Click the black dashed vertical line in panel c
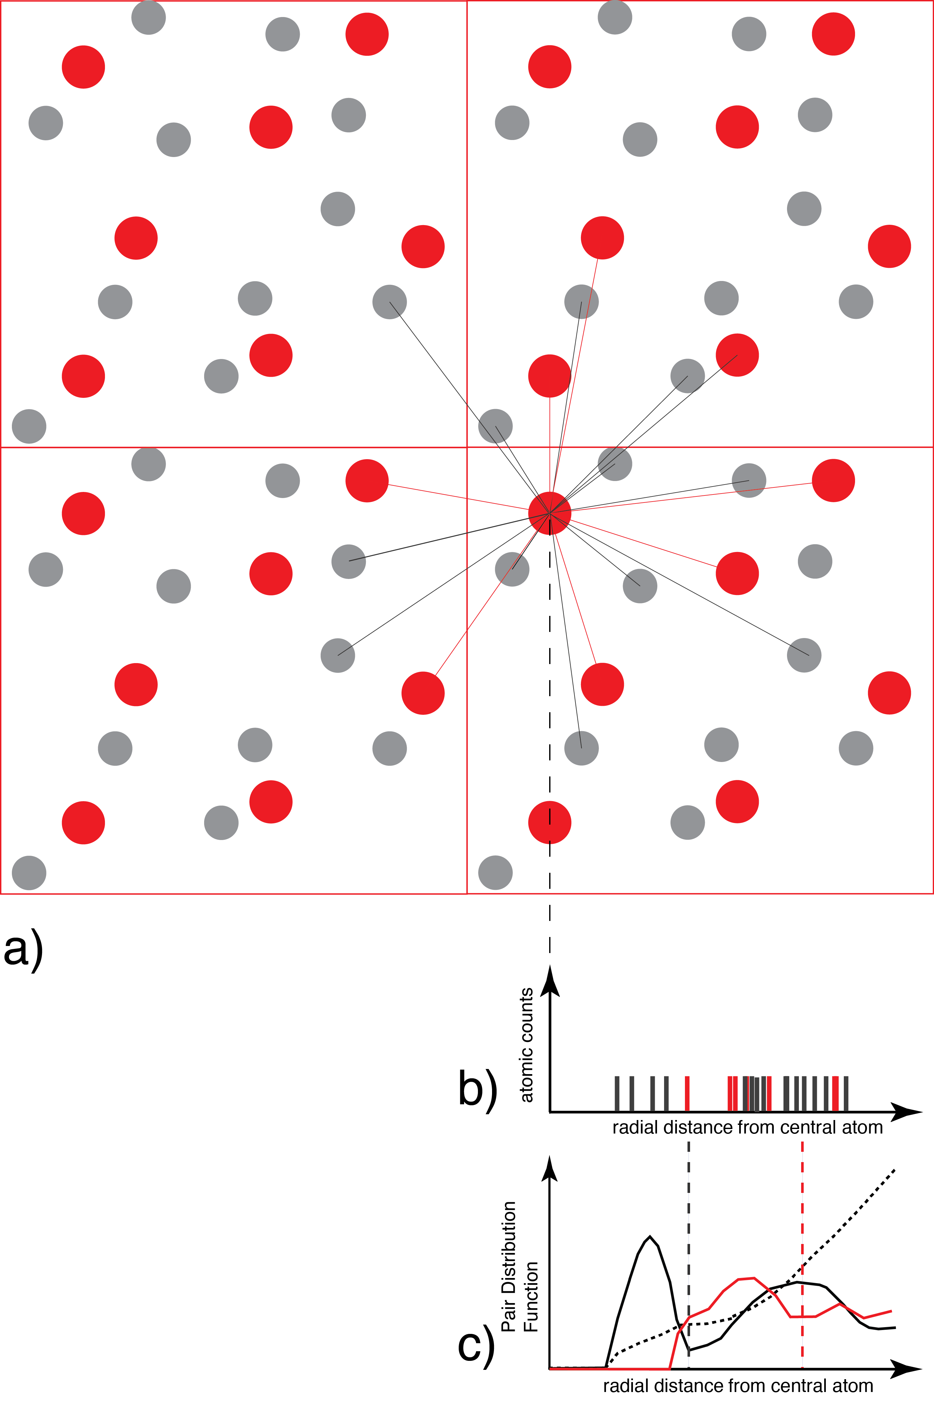[688, 1251]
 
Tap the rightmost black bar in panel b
[846, 1093]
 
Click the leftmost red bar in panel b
[688, 1093]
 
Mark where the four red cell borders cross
[467, 447]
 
